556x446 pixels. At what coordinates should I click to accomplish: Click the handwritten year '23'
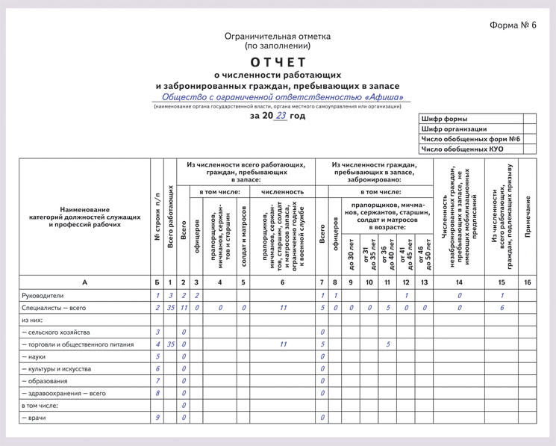click(x=281, y=116)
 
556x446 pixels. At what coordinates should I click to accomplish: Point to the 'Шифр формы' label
click(x=445, y=120)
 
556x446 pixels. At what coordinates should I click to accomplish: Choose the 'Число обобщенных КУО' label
click(x=463, y=149)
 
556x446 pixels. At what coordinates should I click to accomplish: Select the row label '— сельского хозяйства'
click(x=56, y=332)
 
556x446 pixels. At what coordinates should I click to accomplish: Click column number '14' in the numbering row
click(x=459, y=282)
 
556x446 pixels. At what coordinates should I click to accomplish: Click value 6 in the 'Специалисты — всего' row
click(x=502, y=307)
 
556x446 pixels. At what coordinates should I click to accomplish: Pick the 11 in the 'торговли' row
click(x=283, y=344)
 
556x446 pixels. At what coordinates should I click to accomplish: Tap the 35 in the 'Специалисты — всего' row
click(x=170, y=307)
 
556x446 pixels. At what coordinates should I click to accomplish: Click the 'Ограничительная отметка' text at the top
click(x=278, y=35)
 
